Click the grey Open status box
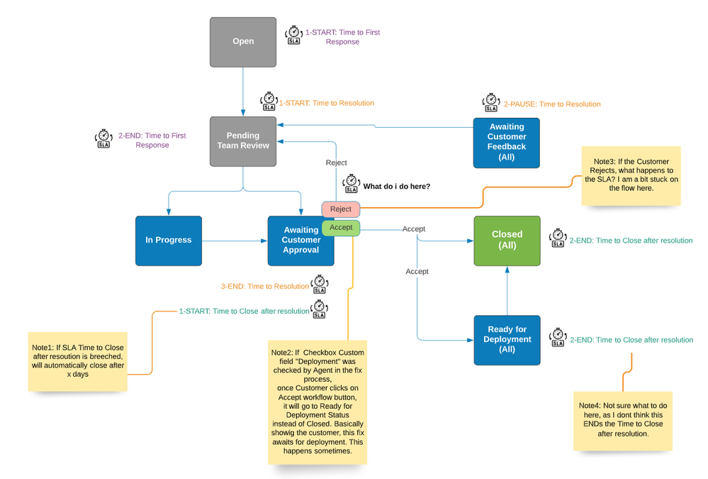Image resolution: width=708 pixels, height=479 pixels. coord(243,41)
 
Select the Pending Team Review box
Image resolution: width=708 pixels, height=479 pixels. coord(243,141)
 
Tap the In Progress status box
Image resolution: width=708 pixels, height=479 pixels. coord(168,240)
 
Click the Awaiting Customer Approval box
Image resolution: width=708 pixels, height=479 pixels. coord(300,240)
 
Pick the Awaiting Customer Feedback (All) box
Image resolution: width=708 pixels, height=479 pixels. coord(506,141)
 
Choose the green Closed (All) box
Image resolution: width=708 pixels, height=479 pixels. coord(507,240)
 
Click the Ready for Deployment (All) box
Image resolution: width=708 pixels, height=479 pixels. coord(506,339)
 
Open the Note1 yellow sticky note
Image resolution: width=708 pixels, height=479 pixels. coord(77,360)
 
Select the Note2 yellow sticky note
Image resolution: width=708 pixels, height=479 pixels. coord(318,401)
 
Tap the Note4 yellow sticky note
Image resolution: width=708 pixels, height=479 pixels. coord(622,420)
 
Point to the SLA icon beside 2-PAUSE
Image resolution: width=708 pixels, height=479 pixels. coord(491,103)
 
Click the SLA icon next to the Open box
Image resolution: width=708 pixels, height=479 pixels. coord(293,35)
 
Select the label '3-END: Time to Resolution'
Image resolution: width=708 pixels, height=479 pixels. coord(264,286)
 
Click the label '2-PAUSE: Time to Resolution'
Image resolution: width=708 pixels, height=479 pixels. coord(552,104)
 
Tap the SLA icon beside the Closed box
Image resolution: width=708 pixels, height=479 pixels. coord(557,238)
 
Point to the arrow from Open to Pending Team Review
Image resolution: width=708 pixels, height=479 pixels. coord(243,91)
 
